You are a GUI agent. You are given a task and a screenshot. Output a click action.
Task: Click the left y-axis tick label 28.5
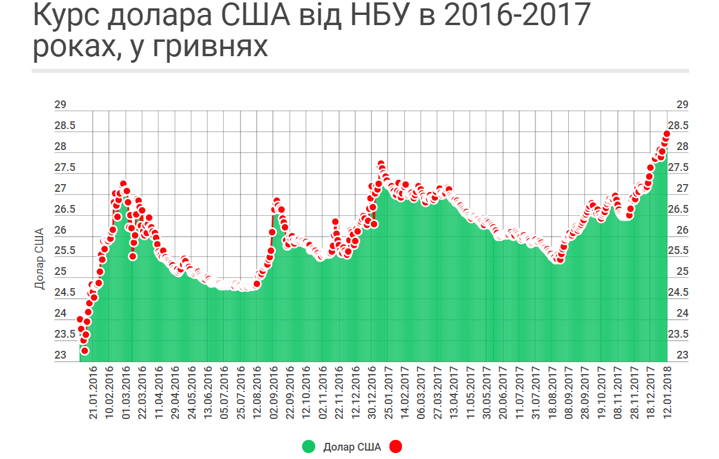pyautogui.click(x=65, y=126)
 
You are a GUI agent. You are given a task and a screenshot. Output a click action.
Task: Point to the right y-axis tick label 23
pyautogui.click(x=683, y=356)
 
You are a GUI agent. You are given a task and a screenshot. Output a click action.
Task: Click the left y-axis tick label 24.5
pyautogui.click(x=65, y=293)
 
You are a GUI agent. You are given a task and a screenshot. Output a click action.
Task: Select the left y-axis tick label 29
pyautogui.click(x=60, y=105)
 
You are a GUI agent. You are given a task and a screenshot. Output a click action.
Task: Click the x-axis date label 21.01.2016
pyautogui.click(x=93, y=398)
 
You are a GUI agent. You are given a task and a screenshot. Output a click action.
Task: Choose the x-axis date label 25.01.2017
pyautogui.click(x=387, y=398)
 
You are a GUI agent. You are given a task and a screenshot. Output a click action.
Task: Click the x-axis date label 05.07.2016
pyautogui.click(x=225, y=398)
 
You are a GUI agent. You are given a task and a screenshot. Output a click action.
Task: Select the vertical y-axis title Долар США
pyautogui.click(x=39, y=258)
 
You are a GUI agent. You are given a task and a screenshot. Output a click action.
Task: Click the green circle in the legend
pyautogui.click(x=309, y=446)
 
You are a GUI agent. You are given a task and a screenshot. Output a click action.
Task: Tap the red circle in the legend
pyautogui.click(x=395, y=446)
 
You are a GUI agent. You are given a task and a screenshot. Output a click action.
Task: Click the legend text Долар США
pyautogui.click(x=352, y=446)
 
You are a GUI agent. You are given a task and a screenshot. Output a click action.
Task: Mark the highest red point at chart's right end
pyautogui.click(x=666, y=134)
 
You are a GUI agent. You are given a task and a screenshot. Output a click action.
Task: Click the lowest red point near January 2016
pyautogui.click(x=84, y=350)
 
